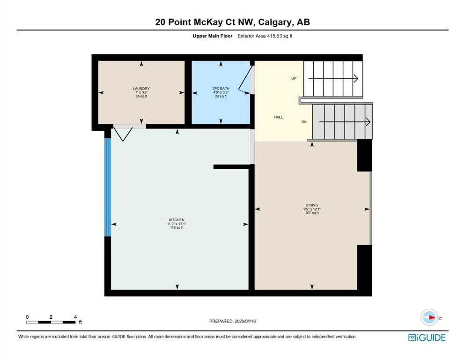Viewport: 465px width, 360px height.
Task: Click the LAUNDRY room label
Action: tap(141, 89)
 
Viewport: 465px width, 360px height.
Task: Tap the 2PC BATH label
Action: tap(221, 89)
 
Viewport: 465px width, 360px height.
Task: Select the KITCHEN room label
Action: tap(177, 220)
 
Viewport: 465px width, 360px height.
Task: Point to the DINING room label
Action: tap(312, 205)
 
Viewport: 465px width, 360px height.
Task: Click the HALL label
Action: tap(278, 117)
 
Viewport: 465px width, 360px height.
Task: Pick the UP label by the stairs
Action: tap(294, 78)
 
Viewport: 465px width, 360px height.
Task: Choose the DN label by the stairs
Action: tap(304, 122)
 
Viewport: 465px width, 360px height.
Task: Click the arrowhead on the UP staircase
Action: tap(356, 79)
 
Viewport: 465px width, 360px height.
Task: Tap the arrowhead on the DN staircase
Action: tap(368, 122)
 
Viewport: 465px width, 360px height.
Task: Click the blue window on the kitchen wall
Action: tap(108, 187)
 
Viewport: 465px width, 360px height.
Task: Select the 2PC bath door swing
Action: tap(245, 80)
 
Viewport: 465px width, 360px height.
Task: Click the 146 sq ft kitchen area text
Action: tap(177, 228)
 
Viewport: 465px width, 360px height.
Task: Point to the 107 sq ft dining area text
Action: tap(312, 213)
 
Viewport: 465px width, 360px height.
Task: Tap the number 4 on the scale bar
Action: tap(75, 317)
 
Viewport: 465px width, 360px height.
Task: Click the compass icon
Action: tap(429, 317)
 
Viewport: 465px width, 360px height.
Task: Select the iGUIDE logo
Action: tap(427, 338)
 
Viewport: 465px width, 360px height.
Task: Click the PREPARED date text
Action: tap(232, 321)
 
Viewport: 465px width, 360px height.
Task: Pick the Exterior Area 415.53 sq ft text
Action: tap(265, 36)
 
